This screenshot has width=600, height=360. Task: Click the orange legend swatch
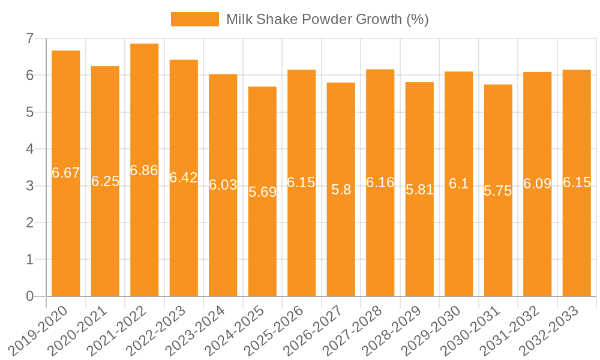pyautogui.click(x=194, y=19)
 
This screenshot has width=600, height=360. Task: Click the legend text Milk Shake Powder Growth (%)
pyautogui.click(x=327, y=19)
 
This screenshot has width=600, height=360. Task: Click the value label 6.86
pyautogui.click(x=144, y=170)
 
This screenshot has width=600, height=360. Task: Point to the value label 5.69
pyautogui.click(x=262, y=193)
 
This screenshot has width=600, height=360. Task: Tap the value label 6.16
pyautogui.click(x=380, y=182)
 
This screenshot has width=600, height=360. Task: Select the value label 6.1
pyautogui.click(x=459, y=184)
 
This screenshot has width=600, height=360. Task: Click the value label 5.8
pyautogui.click(x=341, y=190)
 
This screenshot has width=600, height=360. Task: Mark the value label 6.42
pyautogui.click(x=184, y=178)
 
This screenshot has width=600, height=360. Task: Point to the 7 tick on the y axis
pyautogui.click(x=29, y=38)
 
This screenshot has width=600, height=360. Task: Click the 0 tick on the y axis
pyautogui.click(x=29, y=296)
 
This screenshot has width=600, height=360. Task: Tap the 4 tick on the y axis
pyautogui.click(x=29, y=149)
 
